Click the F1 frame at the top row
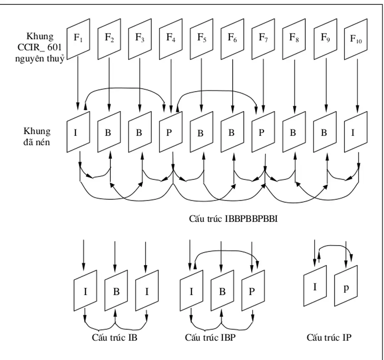click(x=78, y=39)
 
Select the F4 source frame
click(x=171, y=39)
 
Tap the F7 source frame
click(x=263, y=39)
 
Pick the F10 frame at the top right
click(x=356, y=40)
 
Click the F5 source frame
click(x=202, y=39)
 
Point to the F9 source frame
click(x=325, y=39)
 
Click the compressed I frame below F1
click(x=78, y=132)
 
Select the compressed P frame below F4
click(x=171, y=132)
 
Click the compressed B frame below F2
click(x=109, y=132)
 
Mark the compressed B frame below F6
click(x=232, y=132)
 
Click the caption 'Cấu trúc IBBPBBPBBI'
click(x=233, y=219)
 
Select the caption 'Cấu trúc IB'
click(x=114, y=338)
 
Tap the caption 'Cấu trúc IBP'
click(x=210, y=338)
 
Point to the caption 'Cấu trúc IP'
click(x=329, y=337)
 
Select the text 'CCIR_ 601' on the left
click(x=39, y=48)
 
